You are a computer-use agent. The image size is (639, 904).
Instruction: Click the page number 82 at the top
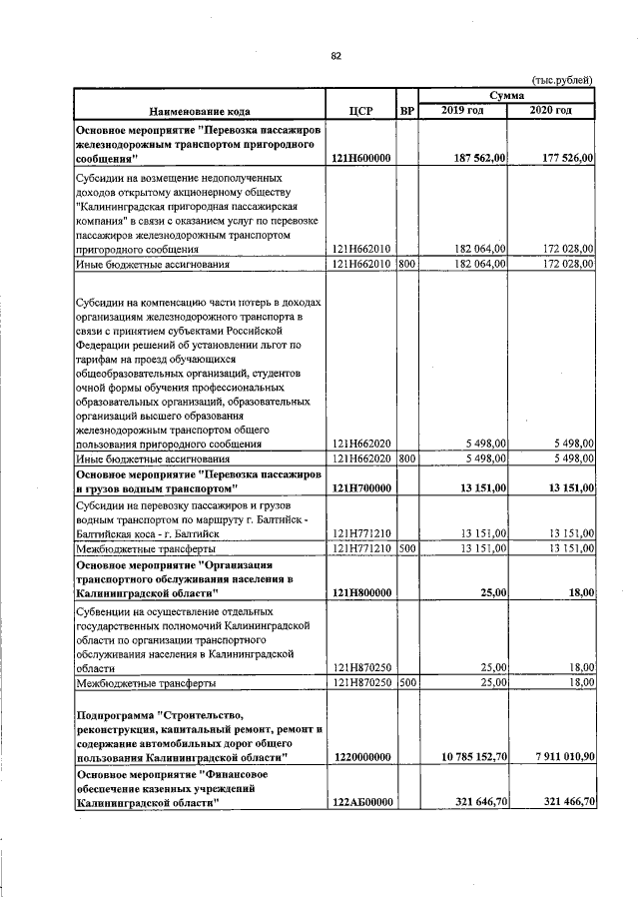click(x=335, y=56)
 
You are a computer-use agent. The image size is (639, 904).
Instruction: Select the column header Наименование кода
click(x=194, y=112)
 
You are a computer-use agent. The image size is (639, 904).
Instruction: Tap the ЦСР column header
click(x=361, y=112)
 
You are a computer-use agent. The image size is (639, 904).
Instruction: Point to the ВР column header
click(x=406, y=112)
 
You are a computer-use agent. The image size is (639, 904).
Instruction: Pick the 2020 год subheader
click(x=551, y=110)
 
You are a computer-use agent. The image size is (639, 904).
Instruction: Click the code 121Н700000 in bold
click(x=360, y=487)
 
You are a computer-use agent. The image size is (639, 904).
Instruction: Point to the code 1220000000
click(x=360, y=758)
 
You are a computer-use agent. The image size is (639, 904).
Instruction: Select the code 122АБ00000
click(x=360, y=802)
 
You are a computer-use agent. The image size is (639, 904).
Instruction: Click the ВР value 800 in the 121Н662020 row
click(x=406, y=458)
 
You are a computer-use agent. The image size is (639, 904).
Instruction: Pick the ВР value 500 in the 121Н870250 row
click(x=406, y=683)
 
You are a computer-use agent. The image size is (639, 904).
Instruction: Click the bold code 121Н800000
click(x=360, y=592)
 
